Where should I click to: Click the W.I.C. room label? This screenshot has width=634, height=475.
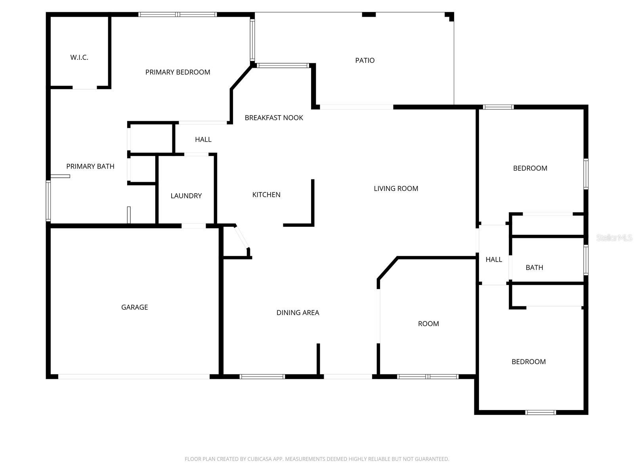79,57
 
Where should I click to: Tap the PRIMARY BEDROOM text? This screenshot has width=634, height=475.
178,72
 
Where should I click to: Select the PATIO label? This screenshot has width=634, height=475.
365,60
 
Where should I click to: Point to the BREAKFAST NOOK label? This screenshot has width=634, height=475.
274,118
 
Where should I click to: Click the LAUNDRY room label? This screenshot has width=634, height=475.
186,196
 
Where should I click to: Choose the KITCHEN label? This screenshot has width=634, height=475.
266,194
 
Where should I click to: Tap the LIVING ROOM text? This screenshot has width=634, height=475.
396,188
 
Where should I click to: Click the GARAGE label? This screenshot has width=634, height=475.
134,307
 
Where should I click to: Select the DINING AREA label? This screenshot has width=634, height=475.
298,313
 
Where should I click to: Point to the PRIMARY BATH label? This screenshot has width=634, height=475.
90,166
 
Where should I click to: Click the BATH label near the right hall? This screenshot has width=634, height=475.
534,268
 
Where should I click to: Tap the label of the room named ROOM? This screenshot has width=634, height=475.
428,324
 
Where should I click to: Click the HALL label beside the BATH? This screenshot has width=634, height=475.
494,259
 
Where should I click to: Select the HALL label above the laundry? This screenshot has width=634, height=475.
203,139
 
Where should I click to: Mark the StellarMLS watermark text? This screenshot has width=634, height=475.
614,237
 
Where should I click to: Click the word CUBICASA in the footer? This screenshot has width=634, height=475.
259,459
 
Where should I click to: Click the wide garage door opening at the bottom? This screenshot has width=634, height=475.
134,376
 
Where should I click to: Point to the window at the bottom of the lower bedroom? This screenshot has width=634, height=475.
540,412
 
